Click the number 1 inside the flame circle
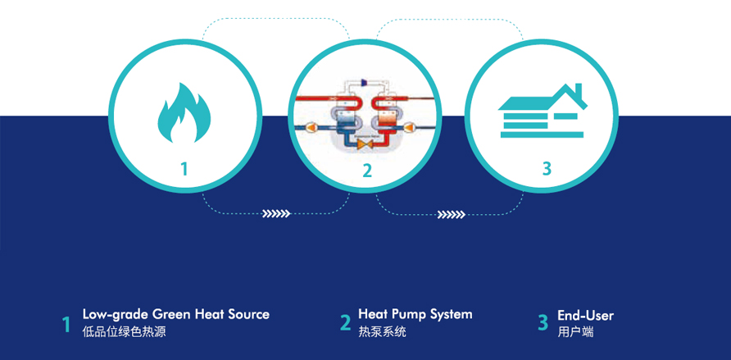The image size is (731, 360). (x=184, y=169)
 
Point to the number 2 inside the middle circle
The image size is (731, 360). (x=366, y=171)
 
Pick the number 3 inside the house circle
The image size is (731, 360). (x=547, y=169)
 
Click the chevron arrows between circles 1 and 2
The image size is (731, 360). (x=276, y=214)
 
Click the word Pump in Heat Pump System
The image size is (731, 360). (x=410, y=314)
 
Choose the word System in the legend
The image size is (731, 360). (x=452, y=314)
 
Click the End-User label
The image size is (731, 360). (x=585, y=316)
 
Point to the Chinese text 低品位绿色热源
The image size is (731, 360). (x=124, y=332)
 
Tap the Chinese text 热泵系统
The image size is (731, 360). (x=382, y=332)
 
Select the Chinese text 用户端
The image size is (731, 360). (x=575, y=332)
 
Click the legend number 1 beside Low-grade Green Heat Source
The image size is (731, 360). (x=66, y=324)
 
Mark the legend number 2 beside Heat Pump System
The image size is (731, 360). (x=345, y=323)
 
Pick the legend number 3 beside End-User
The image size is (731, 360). (x=543, y=323)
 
